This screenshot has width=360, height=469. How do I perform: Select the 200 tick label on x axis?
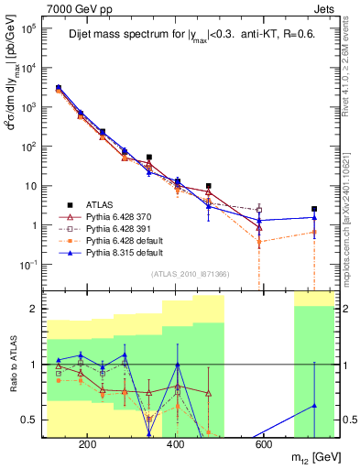(x=88, y=445)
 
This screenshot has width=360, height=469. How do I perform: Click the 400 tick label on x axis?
(x=177, y=445)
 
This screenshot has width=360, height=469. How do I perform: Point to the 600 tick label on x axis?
(x=264, y=445)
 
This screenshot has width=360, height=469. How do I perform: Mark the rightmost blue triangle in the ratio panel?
(x=314, y=405)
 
